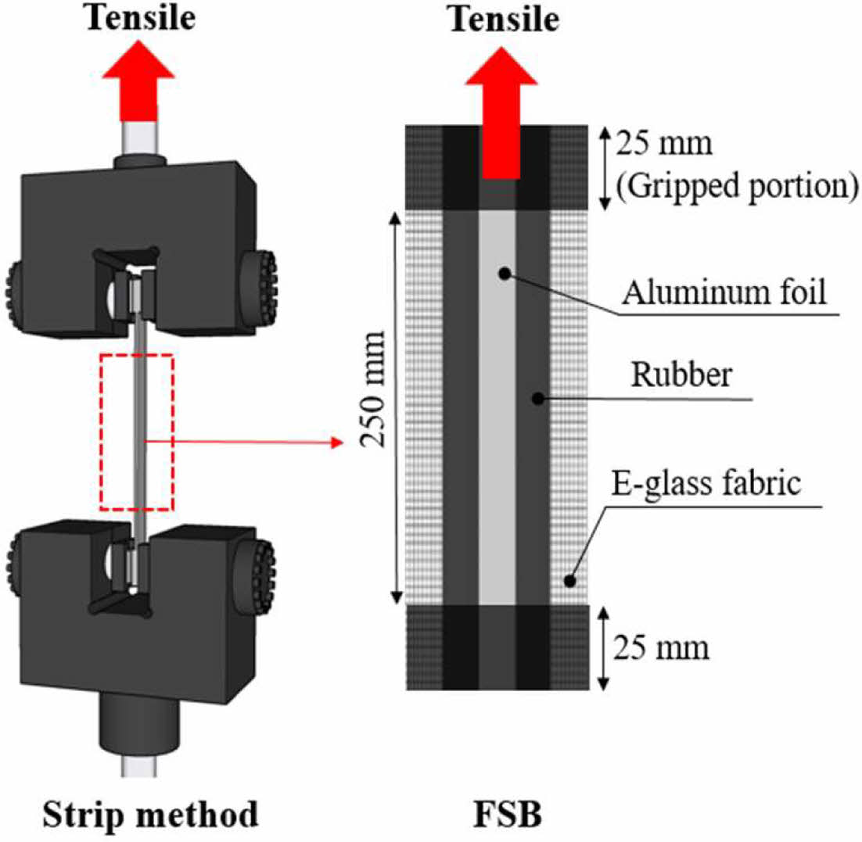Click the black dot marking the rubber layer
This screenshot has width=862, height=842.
537,398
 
